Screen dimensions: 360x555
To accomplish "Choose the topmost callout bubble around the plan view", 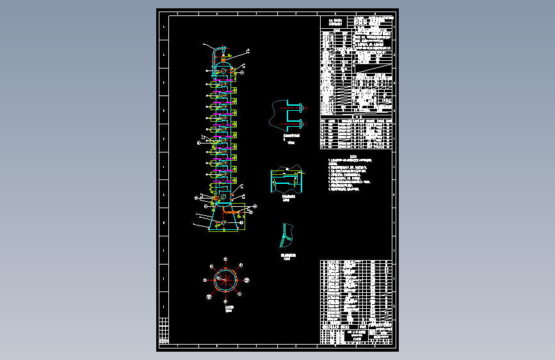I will pos(225,259).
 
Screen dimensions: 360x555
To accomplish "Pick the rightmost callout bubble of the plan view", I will pos(248,279).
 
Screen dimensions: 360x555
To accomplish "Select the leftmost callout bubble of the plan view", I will pos(204,280).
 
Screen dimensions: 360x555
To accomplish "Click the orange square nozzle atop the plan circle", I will pos(225,268).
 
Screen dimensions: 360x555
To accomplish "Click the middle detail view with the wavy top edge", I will pos(287,179).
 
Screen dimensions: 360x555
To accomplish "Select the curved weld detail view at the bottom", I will pos(286,235).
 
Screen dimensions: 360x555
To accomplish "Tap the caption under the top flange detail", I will pos(291,138).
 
